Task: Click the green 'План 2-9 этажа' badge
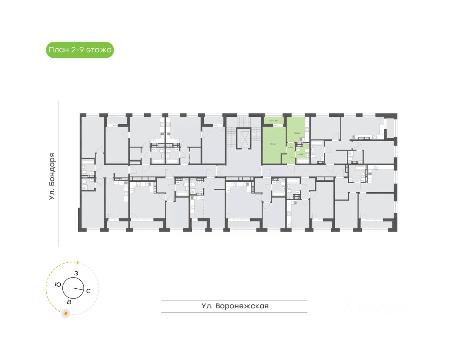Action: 80,50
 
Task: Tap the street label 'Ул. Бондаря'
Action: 52,176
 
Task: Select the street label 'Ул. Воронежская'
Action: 235,306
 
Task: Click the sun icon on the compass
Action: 66,313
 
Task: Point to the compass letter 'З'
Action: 76,274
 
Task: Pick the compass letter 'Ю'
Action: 58,284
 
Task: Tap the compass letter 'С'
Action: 88,291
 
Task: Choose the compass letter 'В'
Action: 69,302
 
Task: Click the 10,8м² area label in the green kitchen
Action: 297,133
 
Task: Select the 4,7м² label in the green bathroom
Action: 301,154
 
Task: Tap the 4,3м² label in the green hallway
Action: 290,147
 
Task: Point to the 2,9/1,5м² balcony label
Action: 274,120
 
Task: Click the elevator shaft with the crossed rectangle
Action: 244,138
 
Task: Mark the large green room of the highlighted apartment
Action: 274,143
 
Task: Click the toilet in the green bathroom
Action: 307,150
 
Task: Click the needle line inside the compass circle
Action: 78,289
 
